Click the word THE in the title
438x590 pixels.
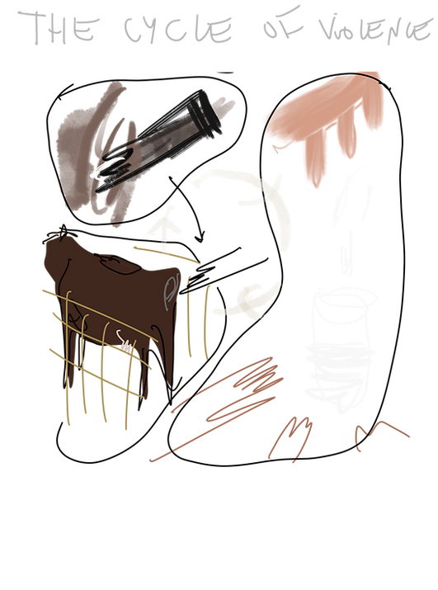click(x=62, y=30)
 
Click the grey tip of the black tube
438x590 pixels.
click(x=226, y=104)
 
